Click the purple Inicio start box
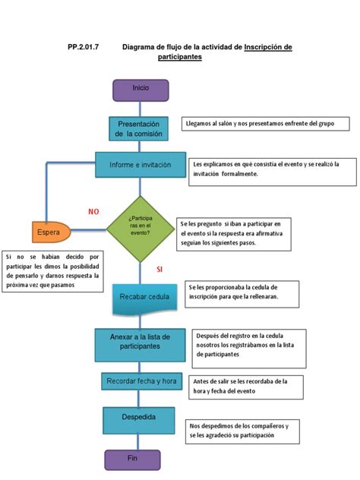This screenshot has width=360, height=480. click(x=141, y=89)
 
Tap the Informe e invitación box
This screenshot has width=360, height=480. click(x=141, y=165)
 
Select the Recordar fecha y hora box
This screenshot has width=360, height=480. click(x=141, y=381)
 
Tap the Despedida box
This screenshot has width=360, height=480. click(x=140, y=418)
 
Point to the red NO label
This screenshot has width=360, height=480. click(x=93, y=210)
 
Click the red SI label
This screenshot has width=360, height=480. click(x=159, y=269)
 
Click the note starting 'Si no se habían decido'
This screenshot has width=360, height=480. click(x=53, y=272)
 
